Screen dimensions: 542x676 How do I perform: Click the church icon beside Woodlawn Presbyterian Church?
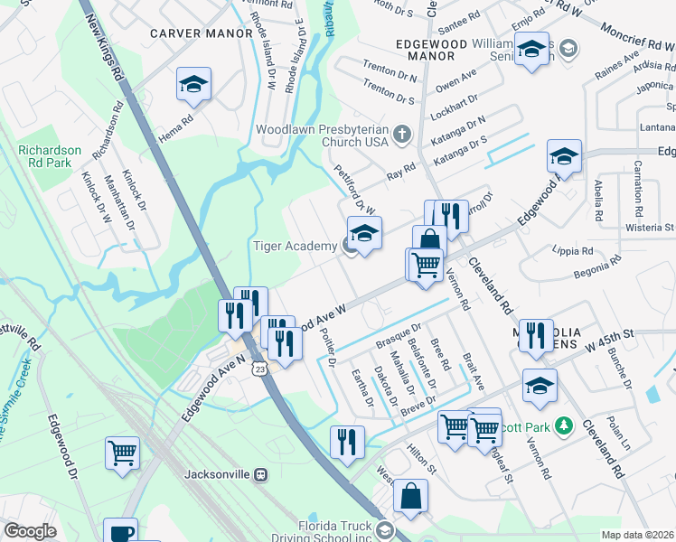coord(403,135)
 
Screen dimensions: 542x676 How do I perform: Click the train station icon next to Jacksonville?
coord(261,473)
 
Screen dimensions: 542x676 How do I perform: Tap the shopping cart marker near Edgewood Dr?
coord(122,452)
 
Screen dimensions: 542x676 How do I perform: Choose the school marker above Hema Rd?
coord(193,85)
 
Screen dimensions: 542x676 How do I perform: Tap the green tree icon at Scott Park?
coord(564,425)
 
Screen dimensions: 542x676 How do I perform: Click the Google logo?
coord(30,531)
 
